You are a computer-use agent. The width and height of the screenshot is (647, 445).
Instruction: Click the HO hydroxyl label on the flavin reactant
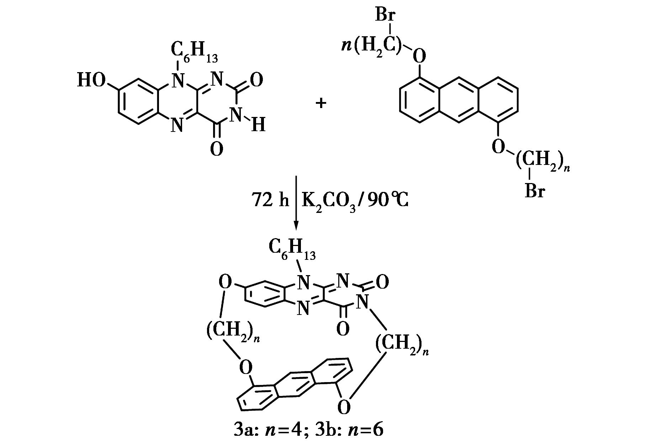click(x=91, y=80)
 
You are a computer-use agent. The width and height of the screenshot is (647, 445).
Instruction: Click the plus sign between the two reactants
click(x=321, y=103)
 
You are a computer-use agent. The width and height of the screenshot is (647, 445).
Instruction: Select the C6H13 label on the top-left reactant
click(x=194, y=52)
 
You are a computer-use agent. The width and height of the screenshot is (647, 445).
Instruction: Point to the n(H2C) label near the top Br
click(x=372, y=46)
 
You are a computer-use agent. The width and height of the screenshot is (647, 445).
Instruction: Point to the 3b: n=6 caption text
click(x=349, y=430)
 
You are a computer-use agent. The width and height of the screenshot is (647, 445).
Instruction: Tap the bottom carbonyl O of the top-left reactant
click(x=216, y=149)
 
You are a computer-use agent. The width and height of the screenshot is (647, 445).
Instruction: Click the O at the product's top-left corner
click(x=225, y=282)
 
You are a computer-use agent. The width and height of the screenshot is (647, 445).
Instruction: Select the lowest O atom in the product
click(x=344, y=407)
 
